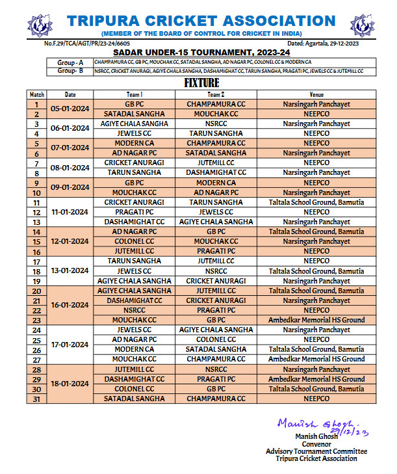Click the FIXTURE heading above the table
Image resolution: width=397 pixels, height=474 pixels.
tap(201, 83)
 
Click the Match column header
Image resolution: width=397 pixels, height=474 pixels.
tap(37, 94)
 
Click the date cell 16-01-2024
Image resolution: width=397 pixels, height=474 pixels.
tap(70, 305)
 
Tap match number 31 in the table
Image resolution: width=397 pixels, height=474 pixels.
tap(37, 399)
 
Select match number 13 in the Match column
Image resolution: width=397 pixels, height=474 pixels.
tap(37, 222)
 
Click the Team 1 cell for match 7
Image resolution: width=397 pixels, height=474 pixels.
tap(134, 163)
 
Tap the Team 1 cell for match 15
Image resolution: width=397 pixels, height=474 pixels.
tap(134, 241)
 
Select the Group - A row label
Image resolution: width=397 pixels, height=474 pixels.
tap(70, 62)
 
